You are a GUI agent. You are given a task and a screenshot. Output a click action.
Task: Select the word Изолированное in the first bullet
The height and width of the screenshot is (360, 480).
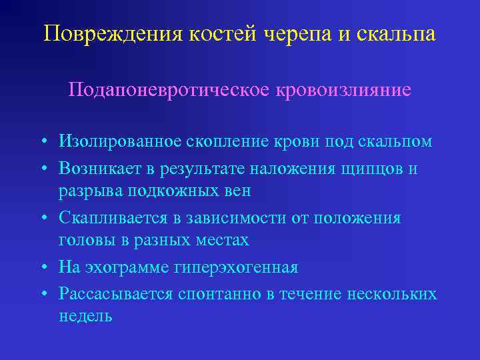[x=116, y=142]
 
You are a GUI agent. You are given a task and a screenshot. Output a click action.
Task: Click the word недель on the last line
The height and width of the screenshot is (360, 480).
[x=85, y=316]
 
